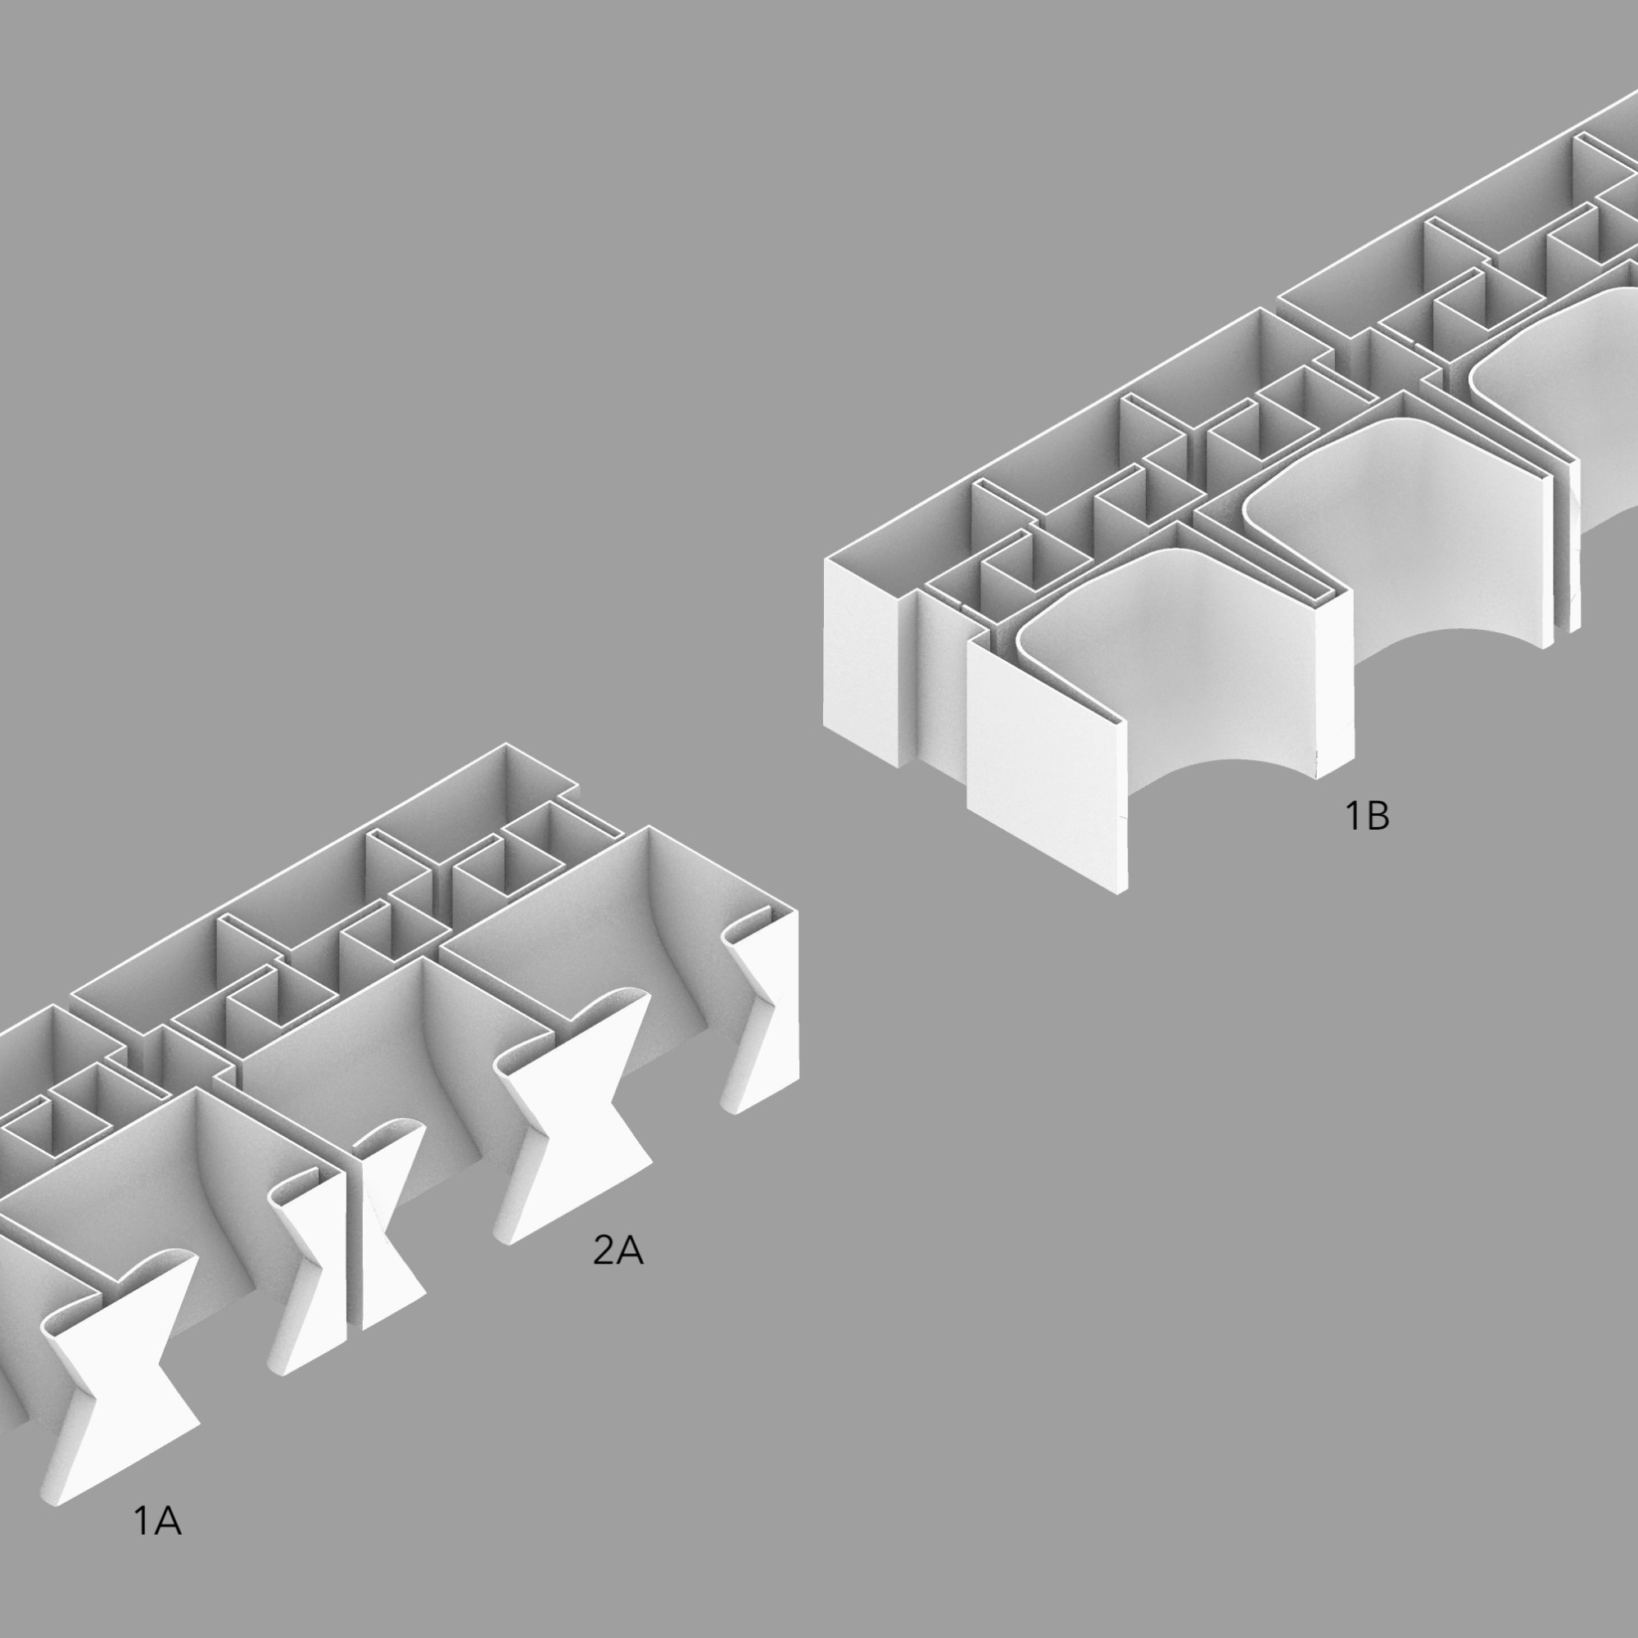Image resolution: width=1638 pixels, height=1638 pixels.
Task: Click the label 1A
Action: (158, 1522)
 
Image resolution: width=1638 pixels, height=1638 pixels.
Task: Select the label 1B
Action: (1368, 816)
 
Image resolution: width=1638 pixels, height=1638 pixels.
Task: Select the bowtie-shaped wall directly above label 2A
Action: (577, 1119)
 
